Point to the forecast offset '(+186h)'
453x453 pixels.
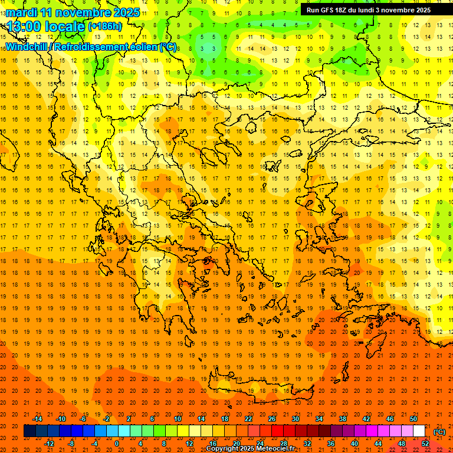104,27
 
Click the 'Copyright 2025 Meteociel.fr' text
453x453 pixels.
250,449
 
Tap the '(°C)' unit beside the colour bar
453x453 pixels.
439,432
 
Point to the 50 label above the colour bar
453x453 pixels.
413,419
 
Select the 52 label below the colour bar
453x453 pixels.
425,444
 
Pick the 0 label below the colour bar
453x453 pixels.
116,444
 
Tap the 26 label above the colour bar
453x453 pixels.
272,419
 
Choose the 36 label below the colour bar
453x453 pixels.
331,444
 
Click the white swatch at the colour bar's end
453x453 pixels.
419,431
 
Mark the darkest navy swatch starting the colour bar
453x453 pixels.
29,431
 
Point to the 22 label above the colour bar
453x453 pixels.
248,419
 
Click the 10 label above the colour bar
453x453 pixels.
178,419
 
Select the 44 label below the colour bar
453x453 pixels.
378,444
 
